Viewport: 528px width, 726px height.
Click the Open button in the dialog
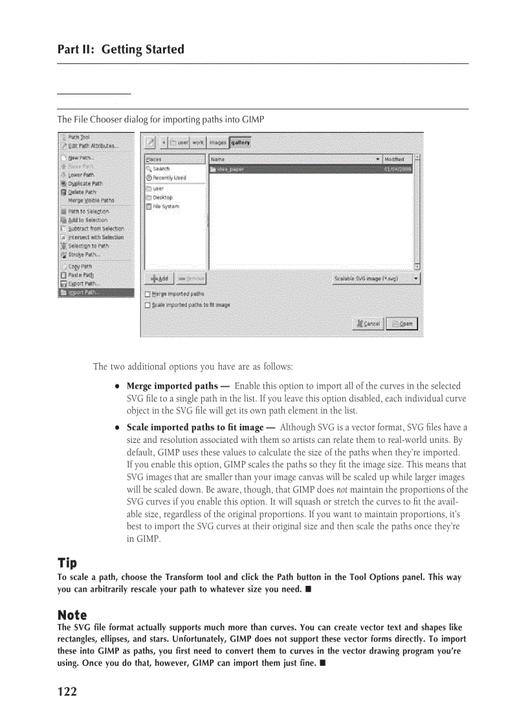[x=402, y=324]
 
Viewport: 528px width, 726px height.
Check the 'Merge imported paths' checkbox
[x=148, y=294]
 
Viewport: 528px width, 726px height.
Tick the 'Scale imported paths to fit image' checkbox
[x=148, y=304]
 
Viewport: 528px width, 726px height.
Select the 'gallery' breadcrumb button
[x=240, y=142]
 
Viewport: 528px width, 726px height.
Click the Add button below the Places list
[x=159, y=279]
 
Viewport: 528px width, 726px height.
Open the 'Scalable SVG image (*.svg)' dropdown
[x=375, y=279]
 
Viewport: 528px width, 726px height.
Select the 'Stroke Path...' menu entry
[x=85, y=255]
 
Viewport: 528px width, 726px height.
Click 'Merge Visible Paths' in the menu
[x=91, y=200]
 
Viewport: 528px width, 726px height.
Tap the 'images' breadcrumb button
[x=217, y=142]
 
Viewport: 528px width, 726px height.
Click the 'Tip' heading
[x=67, y=563]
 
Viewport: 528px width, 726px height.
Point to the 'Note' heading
[x=72, y=614]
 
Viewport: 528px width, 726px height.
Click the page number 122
[x=67, y=692]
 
